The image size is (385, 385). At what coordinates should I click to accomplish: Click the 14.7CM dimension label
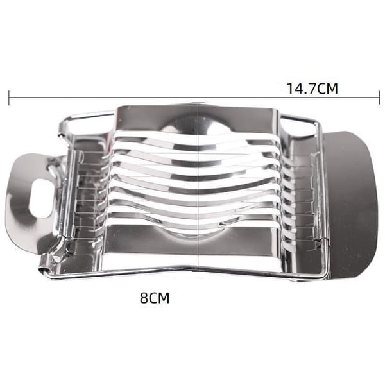click(312, 89)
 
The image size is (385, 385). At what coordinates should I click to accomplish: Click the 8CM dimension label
click(155, 298)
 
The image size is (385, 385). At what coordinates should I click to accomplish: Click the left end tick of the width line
click(9, 98)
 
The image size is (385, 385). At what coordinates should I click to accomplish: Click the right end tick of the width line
click(379, 98)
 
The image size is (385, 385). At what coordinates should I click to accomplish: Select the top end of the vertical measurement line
click(198, 103)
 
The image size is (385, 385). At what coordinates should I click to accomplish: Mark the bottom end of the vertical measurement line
click(198, 271)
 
